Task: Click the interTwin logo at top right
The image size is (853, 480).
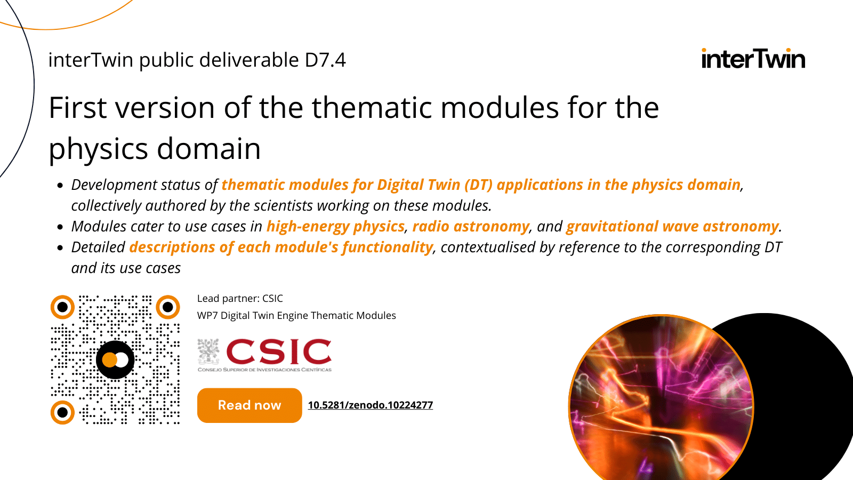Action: tap(753, 59)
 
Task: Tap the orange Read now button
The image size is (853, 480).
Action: tap(250, 405)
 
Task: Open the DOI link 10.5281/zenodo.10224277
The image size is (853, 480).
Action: tap(371, 405)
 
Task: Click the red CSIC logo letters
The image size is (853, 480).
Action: tap(279, 352)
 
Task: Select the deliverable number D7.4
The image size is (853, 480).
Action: tap(325, 60)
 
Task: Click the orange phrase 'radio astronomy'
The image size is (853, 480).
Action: tap(471, 227)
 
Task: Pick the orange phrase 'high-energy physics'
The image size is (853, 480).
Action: tap(335, 227)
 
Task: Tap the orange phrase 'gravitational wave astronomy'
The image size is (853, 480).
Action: tap(672, 227)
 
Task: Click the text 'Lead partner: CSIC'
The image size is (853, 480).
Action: tap(240, 299)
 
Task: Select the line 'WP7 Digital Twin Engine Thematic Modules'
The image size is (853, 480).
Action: tap(296, 316)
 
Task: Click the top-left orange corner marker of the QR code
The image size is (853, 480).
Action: tap(62, 307)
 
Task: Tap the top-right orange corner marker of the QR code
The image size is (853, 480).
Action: tap(168, 307)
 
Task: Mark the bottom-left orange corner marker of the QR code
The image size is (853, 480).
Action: tap(62, 412)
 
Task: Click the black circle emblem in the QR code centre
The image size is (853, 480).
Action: tap(115, 360)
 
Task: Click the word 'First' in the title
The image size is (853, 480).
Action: tap(78, 108)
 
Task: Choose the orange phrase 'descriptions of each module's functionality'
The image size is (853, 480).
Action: tap(281, 247)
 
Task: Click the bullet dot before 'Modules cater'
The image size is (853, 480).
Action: tap(60, 227)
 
